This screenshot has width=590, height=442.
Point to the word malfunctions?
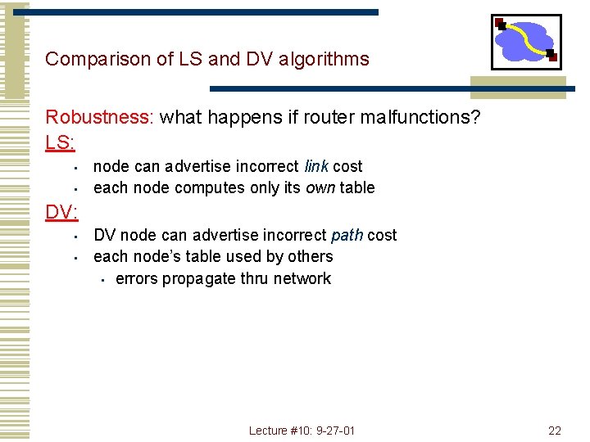429,117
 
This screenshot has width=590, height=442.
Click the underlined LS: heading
60,142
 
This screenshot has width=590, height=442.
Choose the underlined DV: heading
61,213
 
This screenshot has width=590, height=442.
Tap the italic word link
316,166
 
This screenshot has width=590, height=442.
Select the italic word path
347,235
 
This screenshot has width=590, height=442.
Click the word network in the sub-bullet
302,278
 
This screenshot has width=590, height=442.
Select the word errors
137,278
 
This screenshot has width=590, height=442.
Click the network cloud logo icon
526,42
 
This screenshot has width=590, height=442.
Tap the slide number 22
555,431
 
